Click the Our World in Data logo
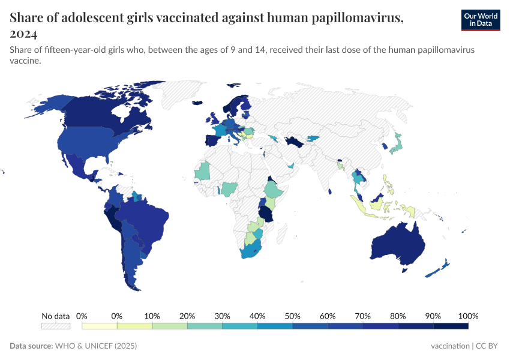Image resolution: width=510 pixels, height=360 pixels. (x=481, y=20)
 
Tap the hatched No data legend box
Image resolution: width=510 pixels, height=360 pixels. (x=55, y=326)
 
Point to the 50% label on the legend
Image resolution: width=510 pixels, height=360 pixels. (x=292, y=316)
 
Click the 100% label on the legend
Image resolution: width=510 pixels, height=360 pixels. (x=468, y=316)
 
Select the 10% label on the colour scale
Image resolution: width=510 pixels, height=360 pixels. (x=152, y=316)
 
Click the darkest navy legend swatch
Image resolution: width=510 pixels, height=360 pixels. (x=451, y=326)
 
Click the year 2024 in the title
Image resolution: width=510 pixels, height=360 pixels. (x=23, y=34)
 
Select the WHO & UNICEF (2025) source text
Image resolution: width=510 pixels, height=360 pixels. (x=96, y=346)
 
